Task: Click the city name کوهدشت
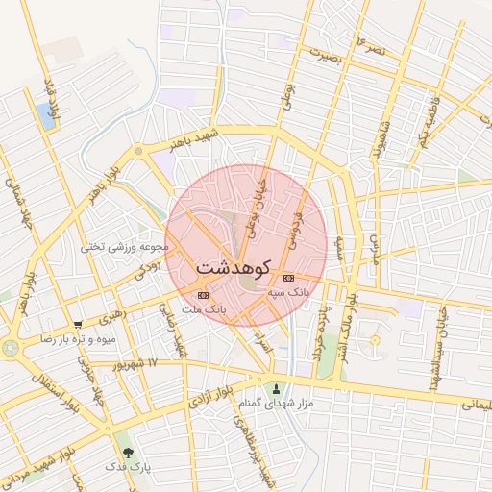234,267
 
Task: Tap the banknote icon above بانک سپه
289,278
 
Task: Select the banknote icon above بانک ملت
202,295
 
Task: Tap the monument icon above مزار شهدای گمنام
278,390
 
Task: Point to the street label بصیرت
325,55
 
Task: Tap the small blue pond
45,116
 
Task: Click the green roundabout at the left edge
10,347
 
